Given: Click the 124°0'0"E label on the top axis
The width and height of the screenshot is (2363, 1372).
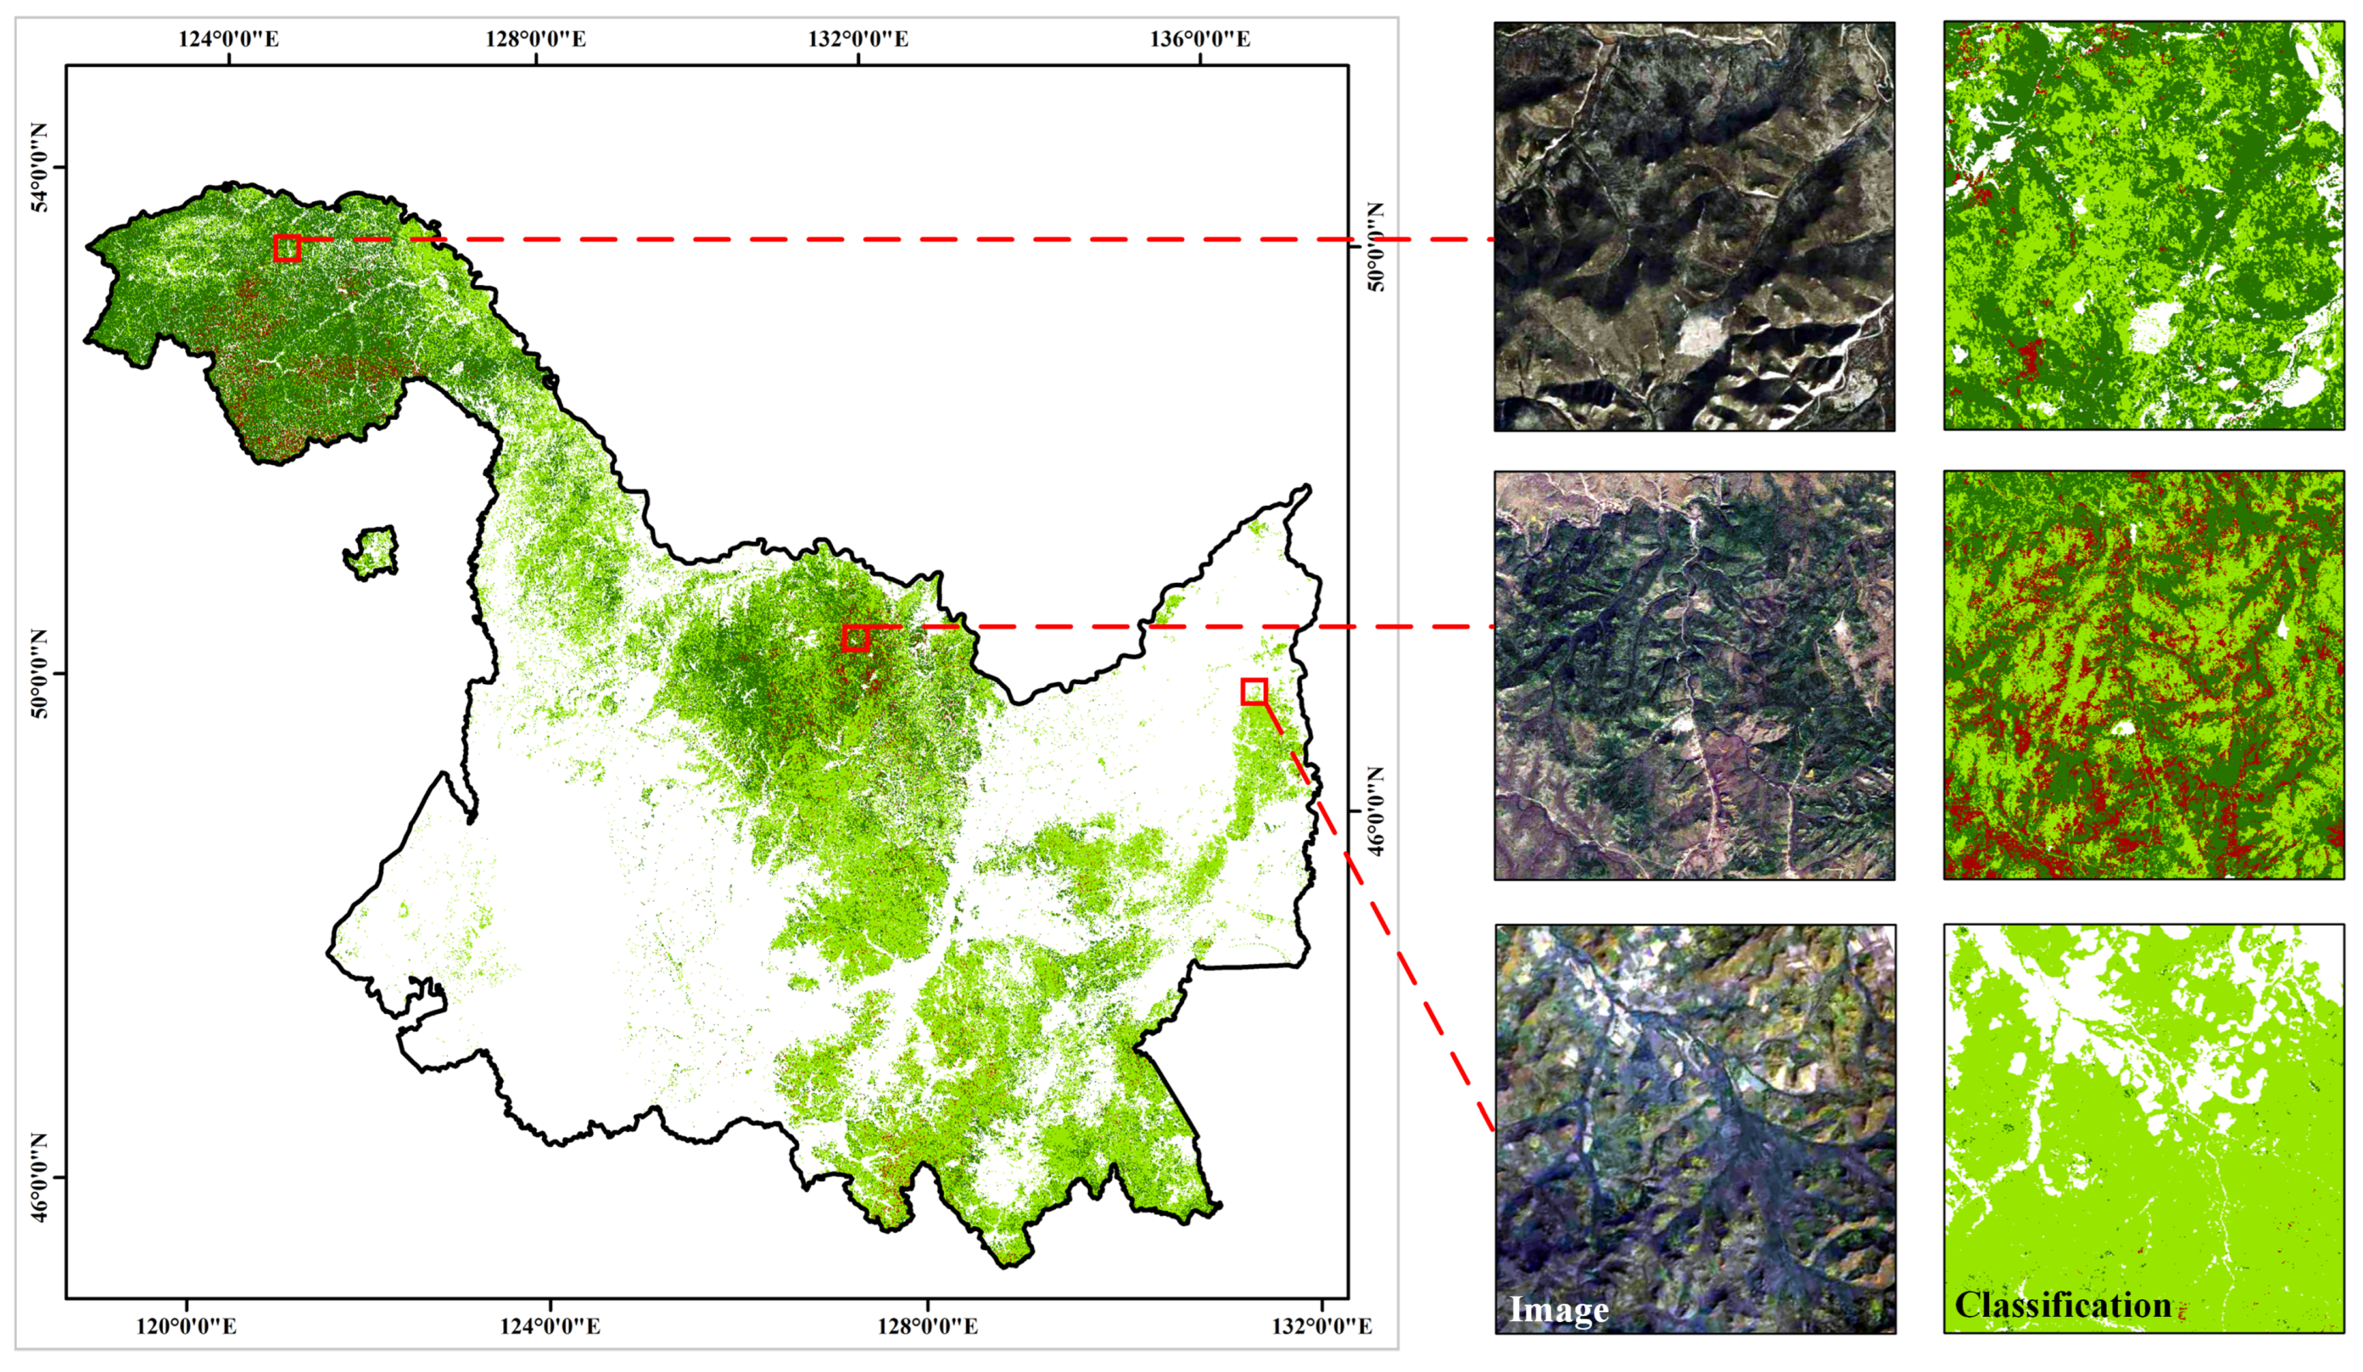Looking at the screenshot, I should click(x=228, y=39).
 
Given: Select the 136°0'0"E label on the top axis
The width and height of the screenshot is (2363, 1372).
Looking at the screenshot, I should click(x=1200, y=39).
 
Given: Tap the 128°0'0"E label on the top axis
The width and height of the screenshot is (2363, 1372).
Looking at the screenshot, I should click(x=535, y=39).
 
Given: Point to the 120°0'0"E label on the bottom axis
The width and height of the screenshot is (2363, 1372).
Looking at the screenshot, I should click(x=186, y=1326).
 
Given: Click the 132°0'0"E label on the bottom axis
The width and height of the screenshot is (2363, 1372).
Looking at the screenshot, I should click(x=1321, y=1326).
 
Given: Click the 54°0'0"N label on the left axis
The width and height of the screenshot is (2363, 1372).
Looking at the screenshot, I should click(x=39, y=167).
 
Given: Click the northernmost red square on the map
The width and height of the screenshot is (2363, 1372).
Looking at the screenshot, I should click(x=287, y=247).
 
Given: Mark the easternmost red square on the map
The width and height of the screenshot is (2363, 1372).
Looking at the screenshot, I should click(x=1254, y=692).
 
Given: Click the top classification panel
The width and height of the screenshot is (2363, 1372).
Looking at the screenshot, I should click(x=2144, y=226).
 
